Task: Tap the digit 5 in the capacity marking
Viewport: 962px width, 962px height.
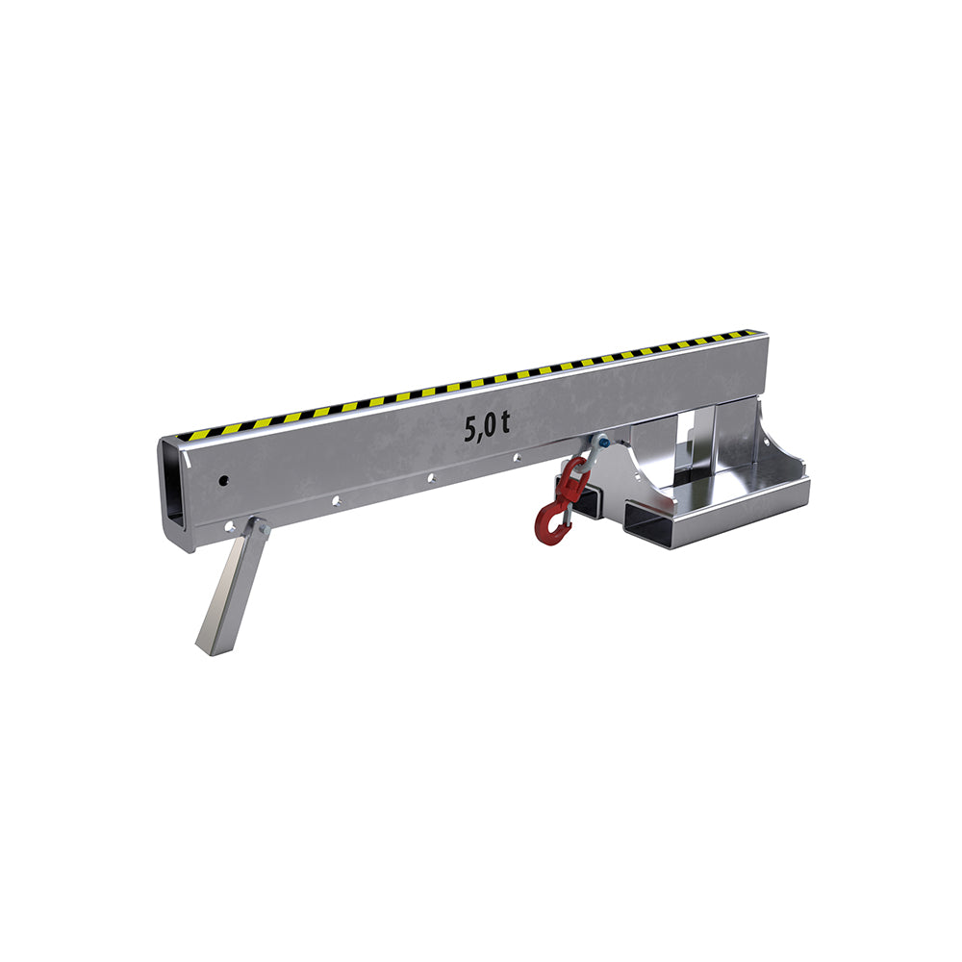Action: tap(472, 429)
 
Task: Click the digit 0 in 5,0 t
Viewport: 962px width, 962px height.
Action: tap(491, 425)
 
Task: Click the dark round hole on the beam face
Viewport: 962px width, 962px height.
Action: tap(224, 480)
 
